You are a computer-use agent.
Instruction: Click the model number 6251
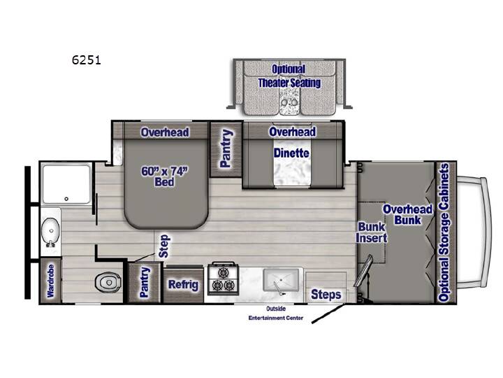87,60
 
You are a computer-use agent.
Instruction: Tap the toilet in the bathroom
108,282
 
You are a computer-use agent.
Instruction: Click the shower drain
66,199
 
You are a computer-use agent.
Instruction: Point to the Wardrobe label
50,281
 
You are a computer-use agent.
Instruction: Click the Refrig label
183,285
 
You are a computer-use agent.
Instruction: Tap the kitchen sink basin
281,280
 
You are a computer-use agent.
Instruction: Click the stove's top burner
223,272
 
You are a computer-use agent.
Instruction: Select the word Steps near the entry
326,295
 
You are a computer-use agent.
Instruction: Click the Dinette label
291,153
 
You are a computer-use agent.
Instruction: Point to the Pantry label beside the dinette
226,148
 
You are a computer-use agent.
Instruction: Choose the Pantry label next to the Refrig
145,282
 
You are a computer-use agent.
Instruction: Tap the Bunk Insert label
372,232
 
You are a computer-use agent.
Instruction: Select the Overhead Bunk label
408,214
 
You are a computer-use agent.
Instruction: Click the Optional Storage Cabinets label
444,232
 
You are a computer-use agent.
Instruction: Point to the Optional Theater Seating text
289,76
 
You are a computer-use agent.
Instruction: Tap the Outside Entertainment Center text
276,314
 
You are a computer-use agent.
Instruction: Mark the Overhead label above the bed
165,132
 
